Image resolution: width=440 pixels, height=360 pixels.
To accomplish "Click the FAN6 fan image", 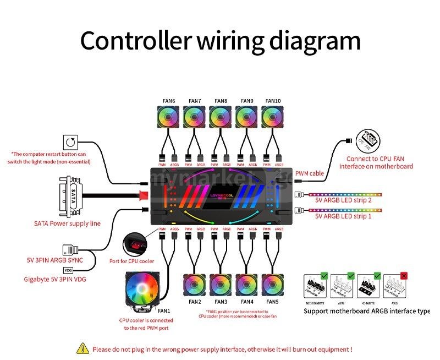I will click(168, 118).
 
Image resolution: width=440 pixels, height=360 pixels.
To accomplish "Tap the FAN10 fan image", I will click(273, 118).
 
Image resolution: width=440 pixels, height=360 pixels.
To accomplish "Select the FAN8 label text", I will click(221, 101).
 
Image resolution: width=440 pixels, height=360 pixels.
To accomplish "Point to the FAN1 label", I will click(164, 311).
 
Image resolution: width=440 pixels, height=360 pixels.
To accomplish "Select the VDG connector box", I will click(68, 270).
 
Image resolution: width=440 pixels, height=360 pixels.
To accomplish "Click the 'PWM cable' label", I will click(310, 173).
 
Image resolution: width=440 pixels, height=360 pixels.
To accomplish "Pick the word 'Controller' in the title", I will click(134, 41).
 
